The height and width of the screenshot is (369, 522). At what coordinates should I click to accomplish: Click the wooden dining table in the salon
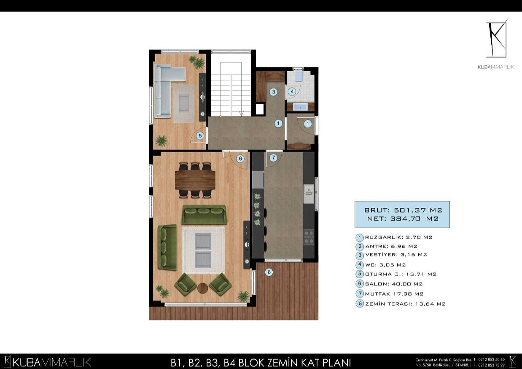(x=195, y=180)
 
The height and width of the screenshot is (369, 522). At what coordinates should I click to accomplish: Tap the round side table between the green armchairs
(x=203, y=288)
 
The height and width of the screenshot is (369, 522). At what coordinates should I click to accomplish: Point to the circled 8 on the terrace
(x=269, y=272)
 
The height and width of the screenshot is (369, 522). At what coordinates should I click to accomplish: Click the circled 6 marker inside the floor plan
(x=240, y=159)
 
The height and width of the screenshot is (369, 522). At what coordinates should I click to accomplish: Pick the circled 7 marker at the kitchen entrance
(x=273, y=158)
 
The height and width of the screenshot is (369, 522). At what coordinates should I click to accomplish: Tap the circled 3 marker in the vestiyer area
(x=273, y=92)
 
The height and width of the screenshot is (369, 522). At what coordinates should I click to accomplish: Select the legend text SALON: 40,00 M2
(x=394, y=284)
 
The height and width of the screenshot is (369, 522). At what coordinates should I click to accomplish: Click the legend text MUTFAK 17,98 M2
(x=394, y=294)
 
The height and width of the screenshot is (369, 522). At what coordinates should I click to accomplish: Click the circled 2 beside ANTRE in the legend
(x=360, y=246)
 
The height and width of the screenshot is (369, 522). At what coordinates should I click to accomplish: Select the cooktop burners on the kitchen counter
(x=309, y=234)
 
